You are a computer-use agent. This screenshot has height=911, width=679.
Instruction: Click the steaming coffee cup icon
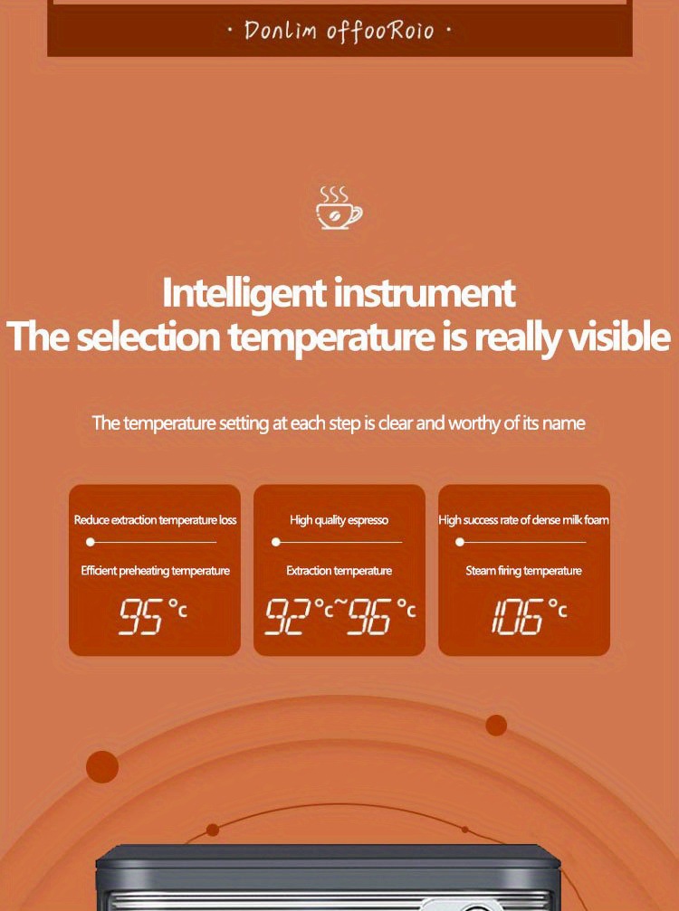point(339,207)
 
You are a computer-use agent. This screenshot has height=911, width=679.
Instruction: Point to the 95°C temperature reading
point(154,616)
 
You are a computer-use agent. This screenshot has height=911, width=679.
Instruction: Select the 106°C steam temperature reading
point(527,616)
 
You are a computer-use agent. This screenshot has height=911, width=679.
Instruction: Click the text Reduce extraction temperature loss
point(155,520)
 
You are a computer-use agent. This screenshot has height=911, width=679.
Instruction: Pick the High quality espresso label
point(339,520)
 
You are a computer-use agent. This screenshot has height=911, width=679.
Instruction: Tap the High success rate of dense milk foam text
point(524,520)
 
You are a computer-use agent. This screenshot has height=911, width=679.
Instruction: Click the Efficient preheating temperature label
point(155,571)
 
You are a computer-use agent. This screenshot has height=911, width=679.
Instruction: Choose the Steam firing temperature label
point(524,571)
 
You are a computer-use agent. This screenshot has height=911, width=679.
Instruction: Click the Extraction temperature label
point(339,571)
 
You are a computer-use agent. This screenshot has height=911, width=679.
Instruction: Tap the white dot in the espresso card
point(276,542)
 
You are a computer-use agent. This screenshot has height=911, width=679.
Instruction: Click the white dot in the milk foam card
point(460,542)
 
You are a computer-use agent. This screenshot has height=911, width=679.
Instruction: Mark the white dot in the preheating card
point(91,542)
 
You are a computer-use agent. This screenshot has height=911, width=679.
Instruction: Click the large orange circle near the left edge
point(102,767)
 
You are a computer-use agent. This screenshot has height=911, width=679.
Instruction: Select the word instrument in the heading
point(425,294)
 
